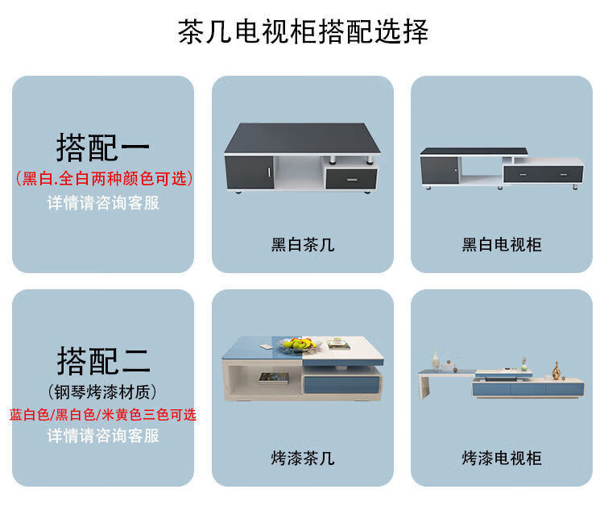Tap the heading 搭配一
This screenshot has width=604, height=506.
(103, 147)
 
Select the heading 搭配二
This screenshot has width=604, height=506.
(103, 360)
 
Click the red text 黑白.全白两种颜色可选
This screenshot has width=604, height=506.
(104, 177)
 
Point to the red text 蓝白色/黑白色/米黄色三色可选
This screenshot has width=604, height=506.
(103, 414)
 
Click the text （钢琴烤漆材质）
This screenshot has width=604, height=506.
(103, 391)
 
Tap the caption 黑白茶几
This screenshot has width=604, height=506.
(302, 245)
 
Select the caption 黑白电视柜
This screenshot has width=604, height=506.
(502, 245)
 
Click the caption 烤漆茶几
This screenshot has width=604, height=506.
(302, 458)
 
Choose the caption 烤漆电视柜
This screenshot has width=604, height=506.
(502, 458)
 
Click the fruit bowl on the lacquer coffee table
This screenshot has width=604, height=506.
(298, 344)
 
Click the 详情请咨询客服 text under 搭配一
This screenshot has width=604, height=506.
(103, 202)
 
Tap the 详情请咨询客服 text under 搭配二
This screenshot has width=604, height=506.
(103, 436)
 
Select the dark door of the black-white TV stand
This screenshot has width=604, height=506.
(439, 170)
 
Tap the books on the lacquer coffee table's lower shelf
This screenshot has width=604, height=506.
(269, 376)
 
